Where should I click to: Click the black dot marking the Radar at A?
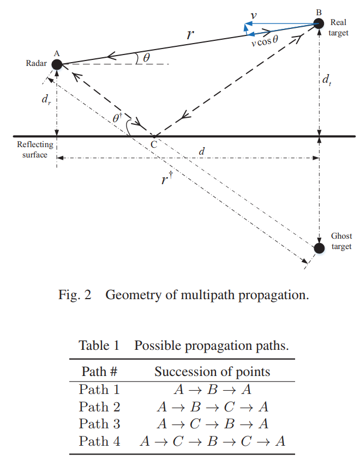(x=57, y=64)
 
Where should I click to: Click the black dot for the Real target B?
(x=319, y=23)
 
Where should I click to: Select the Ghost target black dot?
(x=319, y=248)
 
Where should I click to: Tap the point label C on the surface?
(x=154, y=144)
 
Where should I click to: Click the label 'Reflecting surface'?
(x=35, y=150)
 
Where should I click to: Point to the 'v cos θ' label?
(x=265, y=41)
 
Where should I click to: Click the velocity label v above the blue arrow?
(x=253, y=16)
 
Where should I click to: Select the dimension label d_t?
(x=327, y=80)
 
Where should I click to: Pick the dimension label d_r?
(x=46, y=99)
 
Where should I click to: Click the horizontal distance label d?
(x=202, y=151)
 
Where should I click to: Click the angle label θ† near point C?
(x=117, y=118)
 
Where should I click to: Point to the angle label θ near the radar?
(x=146, y=58)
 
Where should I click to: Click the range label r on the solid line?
(x=190, y=35)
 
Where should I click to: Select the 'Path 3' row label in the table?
(x=99, y=424)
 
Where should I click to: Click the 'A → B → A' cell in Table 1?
(x=213, y=390)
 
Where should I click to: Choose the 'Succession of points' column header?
(x=212, y=372)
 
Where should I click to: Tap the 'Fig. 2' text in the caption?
(x=75, y=295)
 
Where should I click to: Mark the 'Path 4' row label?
(x=99, y=441)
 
